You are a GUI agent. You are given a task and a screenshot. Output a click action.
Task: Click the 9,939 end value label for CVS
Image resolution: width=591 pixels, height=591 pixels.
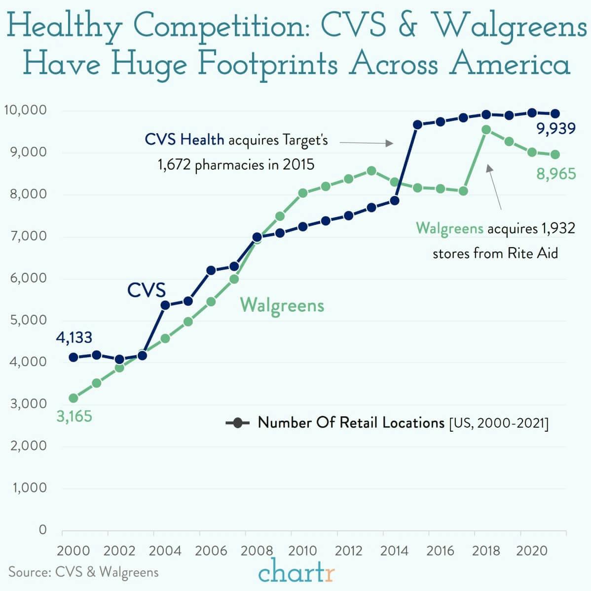[556, 129]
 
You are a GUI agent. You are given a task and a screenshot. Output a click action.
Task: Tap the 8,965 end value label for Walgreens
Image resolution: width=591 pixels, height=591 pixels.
[556, 174]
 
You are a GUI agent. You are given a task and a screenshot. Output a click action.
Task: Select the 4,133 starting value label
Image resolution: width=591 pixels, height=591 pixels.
[74, 337]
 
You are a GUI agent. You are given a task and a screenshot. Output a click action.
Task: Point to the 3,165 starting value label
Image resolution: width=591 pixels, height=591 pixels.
[74, 416]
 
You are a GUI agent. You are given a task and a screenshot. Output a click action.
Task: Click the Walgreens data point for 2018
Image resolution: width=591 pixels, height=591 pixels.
[486, 130]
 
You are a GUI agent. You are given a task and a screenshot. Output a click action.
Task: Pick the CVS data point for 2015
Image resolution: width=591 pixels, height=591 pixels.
[417, 124]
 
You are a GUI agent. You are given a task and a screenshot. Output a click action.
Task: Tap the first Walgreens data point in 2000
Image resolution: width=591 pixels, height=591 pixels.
[74, 398]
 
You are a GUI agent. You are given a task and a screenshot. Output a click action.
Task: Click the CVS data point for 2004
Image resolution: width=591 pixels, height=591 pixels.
[165, 305]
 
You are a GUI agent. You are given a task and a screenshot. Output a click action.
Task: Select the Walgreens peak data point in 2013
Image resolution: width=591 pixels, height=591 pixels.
[371, 171]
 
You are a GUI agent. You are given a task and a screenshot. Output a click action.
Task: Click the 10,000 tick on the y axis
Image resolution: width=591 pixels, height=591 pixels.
[25, 110]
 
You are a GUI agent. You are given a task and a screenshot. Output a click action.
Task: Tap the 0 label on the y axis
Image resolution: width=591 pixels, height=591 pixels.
[42, 530]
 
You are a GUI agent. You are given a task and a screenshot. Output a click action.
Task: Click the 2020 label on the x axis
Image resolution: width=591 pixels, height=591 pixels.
[532, 551]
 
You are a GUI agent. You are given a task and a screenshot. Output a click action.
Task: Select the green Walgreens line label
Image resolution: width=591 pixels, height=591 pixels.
[282, 305]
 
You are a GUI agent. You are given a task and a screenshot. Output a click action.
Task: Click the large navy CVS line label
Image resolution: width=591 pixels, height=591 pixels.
[147, 290]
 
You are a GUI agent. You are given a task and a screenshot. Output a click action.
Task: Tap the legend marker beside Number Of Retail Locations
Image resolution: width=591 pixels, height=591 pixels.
[238, 423]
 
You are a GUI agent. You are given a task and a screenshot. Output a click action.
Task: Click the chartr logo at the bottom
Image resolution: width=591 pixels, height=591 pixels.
[296, 573]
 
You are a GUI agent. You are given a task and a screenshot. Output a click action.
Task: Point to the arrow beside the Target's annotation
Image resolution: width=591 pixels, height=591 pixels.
[366, 143]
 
